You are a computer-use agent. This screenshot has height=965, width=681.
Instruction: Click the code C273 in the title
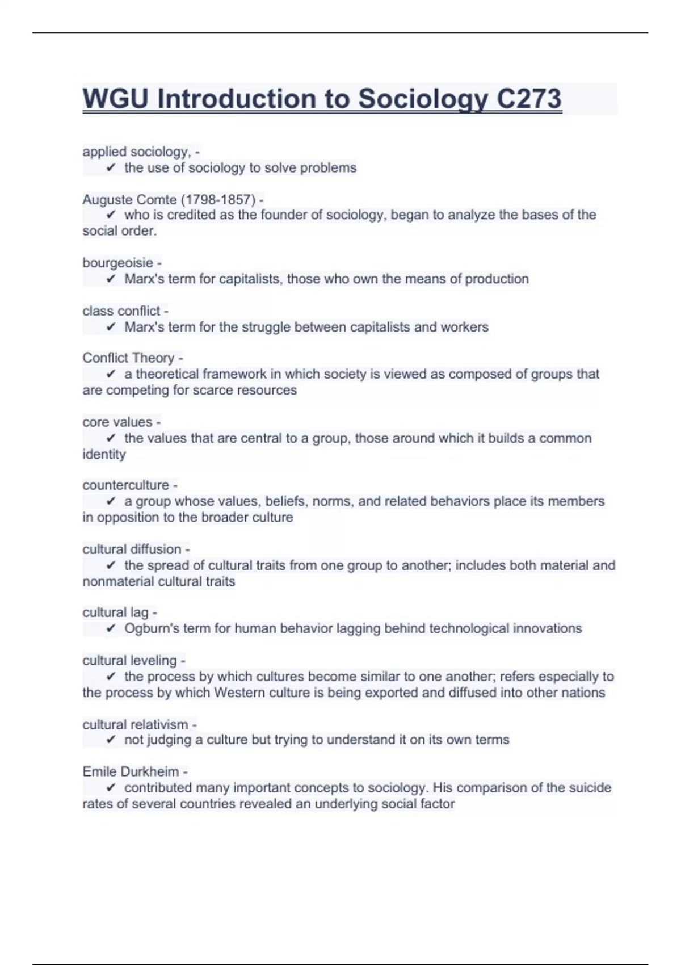pyautogui.click(x=529, y=99)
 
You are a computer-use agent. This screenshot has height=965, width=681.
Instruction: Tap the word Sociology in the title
pyautogui.click(x=423, y=99)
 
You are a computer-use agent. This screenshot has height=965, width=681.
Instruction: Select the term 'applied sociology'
pyautogui.click(x=136, y=152)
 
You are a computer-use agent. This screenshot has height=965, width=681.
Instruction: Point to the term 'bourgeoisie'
pyautogui.click(x=117, y=263)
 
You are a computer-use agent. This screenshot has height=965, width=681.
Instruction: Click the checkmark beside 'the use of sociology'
pyautogui.click(x=111, y=168)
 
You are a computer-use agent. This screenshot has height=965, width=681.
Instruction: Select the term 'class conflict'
pyautogui.click(x=121, y=311)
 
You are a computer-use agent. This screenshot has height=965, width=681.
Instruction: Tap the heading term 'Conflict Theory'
pyautogui.click(x=128, y=358)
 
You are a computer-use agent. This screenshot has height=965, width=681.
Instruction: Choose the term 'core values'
pyautogui.click(x=117, y=422)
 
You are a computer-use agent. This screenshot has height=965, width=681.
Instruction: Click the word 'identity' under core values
pyautogui.click(x=104, y=455)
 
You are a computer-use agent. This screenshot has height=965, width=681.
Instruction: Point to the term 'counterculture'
pyautogui.click(x=125, y=485)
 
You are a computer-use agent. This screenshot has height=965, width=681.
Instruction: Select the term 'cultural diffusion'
pyautogui.click(x=132, y=549)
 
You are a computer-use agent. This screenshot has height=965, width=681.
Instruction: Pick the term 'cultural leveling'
pyautogui.click(x=129, y=661)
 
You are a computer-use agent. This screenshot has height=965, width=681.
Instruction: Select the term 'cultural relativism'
pyautogui.click(x=135, y=725)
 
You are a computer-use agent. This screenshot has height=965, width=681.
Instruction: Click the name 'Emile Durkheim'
pyautogui.click(x=131, y=772)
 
